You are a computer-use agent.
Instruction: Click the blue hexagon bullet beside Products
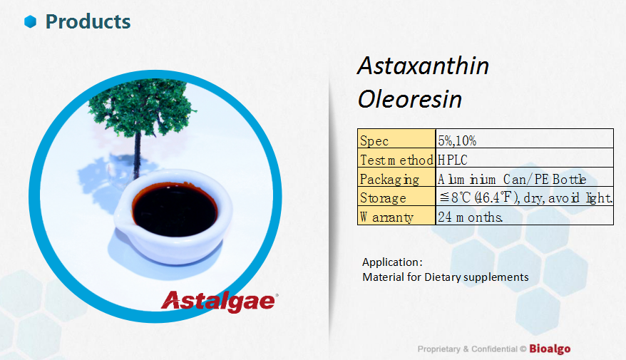point(31,21)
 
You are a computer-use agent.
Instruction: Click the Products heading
point(88,21)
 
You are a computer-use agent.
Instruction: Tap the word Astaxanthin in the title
point(424,66)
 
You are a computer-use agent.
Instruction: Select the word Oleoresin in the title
point(410,99)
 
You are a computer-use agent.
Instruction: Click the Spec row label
point(396,139)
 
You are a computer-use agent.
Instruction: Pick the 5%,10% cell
point(525,139)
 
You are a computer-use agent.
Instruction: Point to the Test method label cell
point(396,158)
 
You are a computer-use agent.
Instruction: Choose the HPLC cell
point(525,158)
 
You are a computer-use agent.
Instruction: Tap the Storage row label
point(396,196)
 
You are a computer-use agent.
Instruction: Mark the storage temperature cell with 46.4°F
point(525,196)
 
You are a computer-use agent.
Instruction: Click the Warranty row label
point(396,215)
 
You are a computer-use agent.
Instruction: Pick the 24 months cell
point(525,215)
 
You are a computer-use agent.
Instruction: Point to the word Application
point(391,262)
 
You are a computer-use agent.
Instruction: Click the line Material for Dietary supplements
point(445,277)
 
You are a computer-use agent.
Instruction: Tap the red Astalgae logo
point(219,302)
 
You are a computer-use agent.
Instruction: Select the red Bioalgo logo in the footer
point(550,349)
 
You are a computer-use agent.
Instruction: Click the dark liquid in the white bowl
point(175,210)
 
